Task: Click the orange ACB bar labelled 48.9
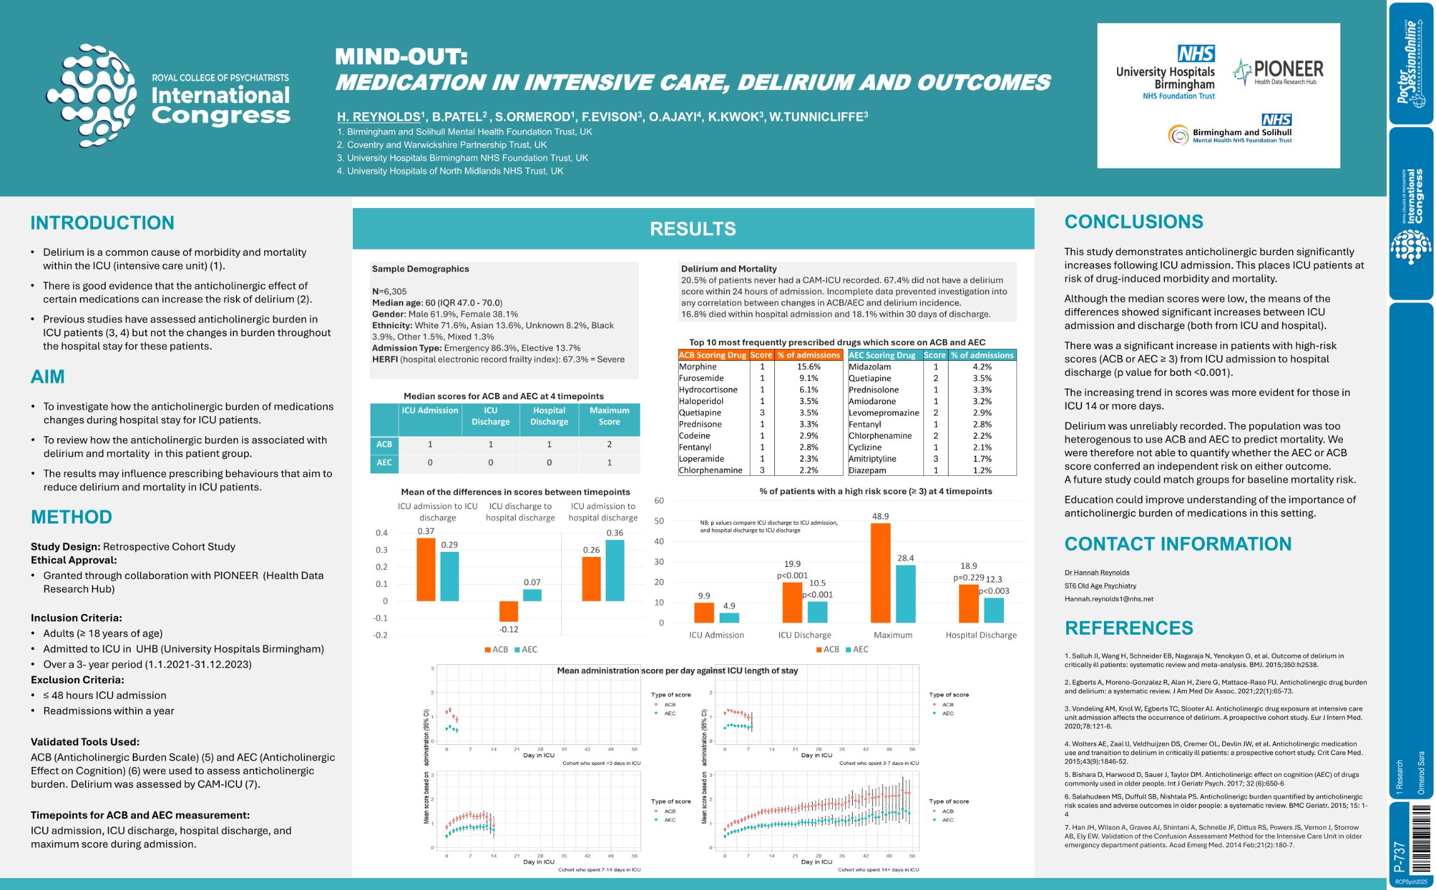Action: click(880, 572)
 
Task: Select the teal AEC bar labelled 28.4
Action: click(905, 593)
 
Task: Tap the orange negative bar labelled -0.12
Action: click(508, 612)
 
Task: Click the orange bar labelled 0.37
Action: click(426, 569)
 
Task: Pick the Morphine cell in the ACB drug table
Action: click(698, 366)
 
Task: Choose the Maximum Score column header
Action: click(609, 416)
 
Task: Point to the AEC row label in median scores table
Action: click(384, 463)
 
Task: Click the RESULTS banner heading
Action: click(693, 229)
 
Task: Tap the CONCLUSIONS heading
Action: click(1133, 222)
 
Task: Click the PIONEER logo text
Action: click(1288, 69)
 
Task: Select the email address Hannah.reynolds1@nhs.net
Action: click(1108, 599)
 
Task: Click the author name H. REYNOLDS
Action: click(379, 117)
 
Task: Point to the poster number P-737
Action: click(1400, 856)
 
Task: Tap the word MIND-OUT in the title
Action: click(401, 57)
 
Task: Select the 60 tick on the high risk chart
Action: click(659, 501)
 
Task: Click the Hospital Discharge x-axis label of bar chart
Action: click(981, 635)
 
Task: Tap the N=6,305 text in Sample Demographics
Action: click(389, 292)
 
